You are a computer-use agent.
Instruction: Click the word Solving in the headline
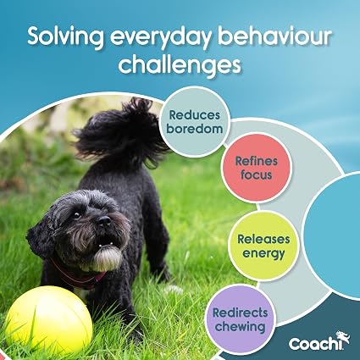coord(66,37)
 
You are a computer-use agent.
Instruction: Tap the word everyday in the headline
coord(161,38)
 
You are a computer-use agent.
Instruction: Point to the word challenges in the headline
coord(180,64)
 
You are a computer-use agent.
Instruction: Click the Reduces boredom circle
coord(195,122)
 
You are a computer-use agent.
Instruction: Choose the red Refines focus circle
coord(257,168)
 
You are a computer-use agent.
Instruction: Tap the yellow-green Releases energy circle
coord(263,246)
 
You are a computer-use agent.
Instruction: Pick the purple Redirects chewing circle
coord(241,319)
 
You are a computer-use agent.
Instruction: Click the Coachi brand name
coord(316,344)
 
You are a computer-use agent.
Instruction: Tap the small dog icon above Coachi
coord(343,336)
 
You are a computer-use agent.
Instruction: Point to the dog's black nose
coord(104,220)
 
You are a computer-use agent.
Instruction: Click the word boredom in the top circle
coord(195,129)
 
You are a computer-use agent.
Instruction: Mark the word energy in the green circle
coord(263,254)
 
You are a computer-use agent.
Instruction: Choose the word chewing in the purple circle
coord(241,327)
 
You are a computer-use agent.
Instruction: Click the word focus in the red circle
coord(257,175)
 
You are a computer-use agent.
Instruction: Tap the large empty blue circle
coord(333,235)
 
